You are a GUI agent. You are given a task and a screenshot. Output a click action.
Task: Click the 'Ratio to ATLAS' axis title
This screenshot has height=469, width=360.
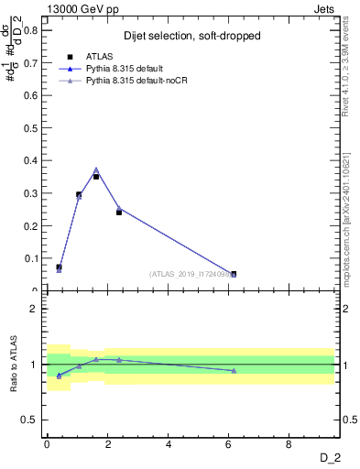pyautogui.click(x=14, y=364)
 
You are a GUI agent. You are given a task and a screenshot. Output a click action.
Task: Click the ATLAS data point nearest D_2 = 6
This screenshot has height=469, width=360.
pyautogui.click(x=234, y=274)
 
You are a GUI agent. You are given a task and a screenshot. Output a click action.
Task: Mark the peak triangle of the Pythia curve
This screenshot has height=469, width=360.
pyautogui.click(x=96, y=169)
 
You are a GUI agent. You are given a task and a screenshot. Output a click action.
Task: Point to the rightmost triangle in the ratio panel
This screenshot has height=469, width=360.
pyautogui.click(x=234, y=370)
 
